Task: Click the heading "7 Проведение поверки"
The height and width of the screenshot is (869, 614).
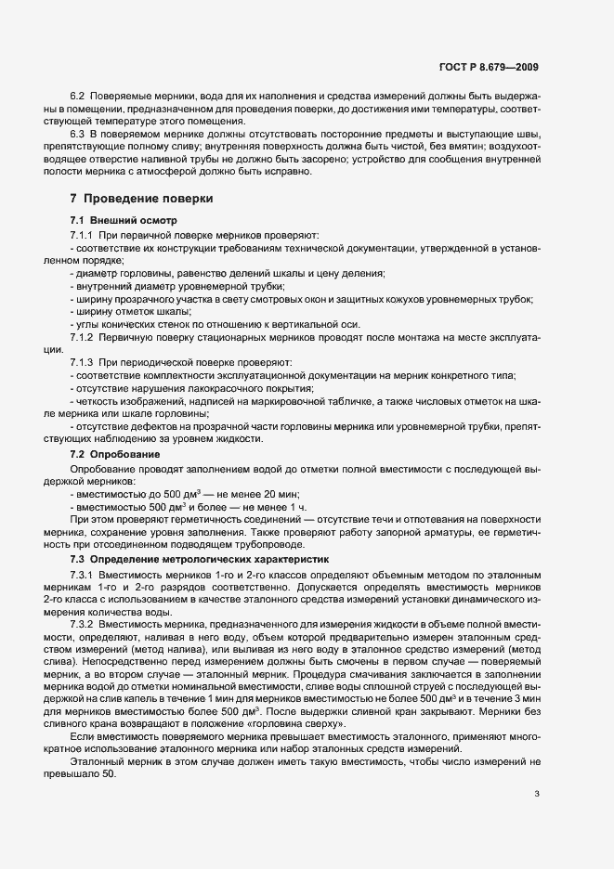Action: tap(141, 199)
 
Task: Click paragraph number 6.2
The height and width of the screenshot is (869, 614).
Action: tap(77, 96)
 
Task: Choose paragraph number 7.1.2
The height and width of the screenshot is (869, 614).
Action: tap(82, 336)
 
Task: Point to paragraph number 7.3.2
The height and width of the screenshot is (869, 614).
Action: tap(82, 625)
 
